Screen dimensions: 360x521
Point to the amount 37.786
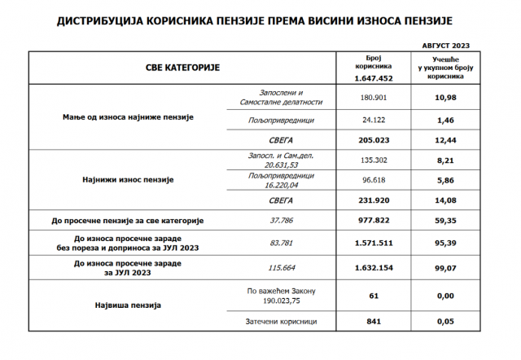pos(281,221)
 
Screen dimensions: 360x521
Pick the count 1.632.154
pos(374,266)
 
